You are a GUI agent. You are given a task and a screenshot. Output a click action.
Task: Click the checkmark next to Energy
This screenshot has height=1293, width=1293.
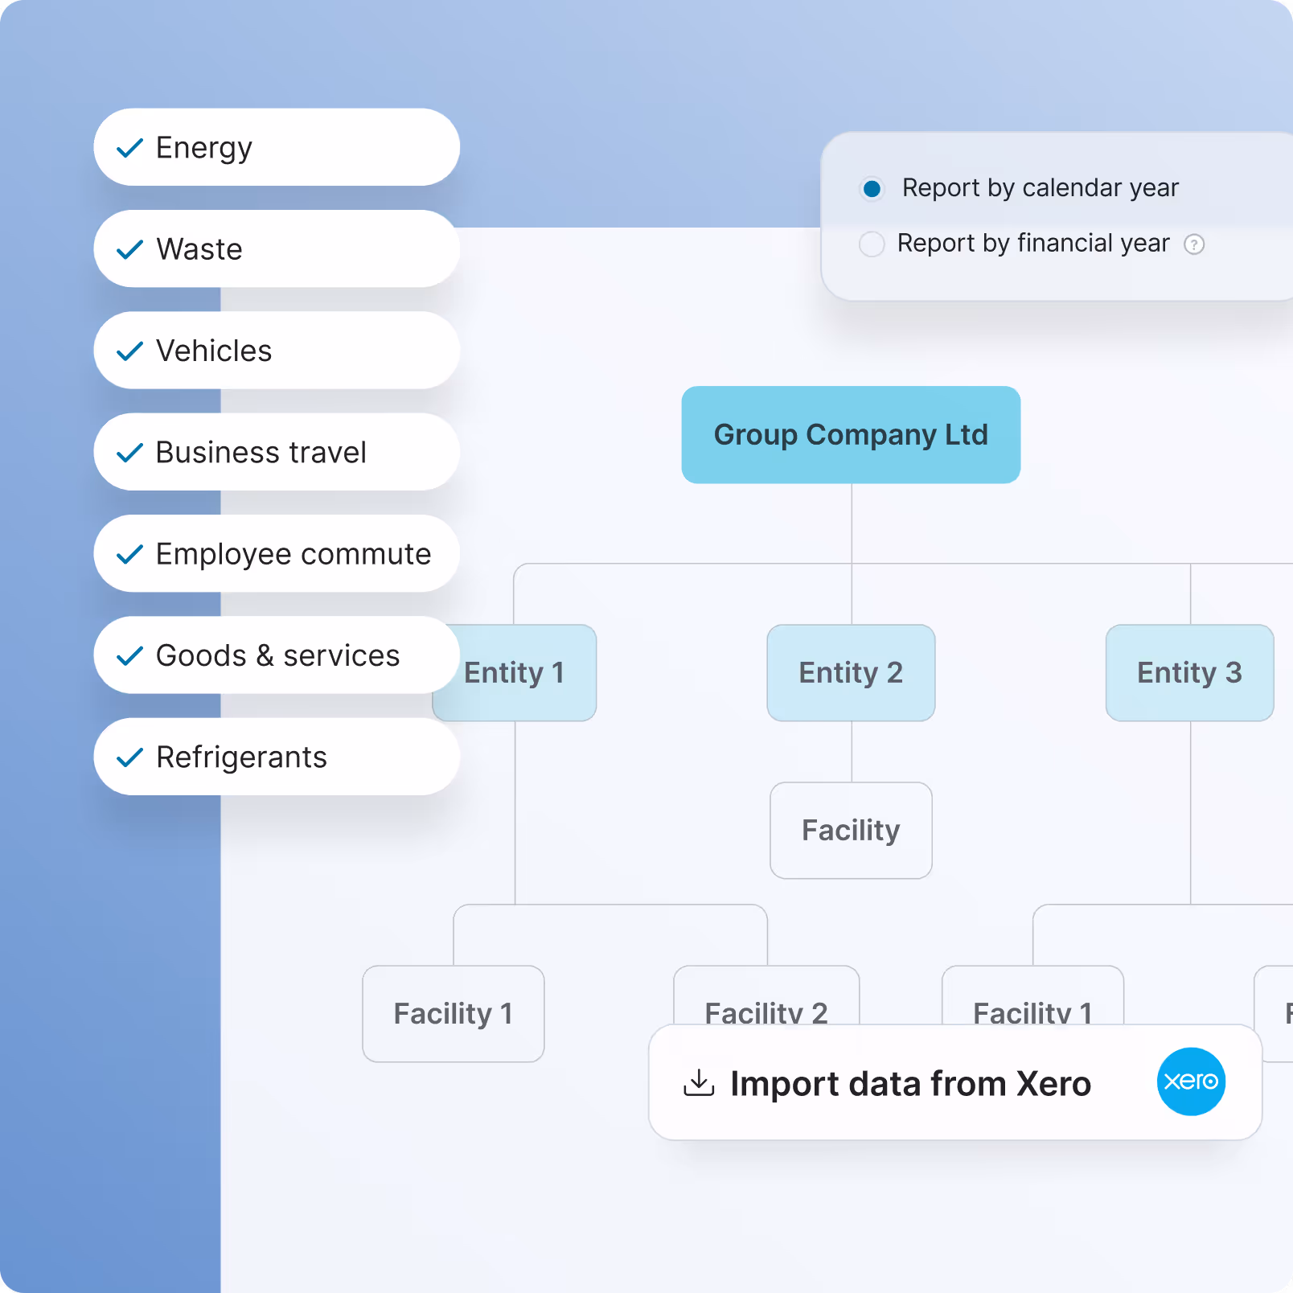(x=129, y=148)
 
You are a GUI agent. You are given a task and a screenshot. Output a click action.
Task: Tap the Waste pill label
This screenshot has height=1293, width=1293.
(x=199, y=249)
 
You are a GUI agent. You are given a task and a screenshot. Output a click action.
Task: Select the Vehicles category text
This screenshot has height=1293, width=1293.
(x=214, y=351)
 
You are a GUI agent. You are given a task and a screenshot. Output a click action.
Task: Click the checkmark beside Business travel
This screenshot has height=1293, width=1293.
(x=129, y=453)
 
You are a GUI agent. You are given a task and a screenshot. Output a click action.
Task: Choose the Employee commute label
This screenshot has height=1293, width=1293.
(x=293, y=554)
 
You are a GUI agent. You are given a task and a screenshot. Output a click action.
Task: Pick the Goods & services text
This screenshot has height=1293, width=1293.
(x=277, y=655)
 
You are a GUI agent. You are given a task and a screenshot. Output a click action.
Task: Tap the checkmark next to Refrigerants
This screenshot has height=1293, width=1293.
(x=129, y=757)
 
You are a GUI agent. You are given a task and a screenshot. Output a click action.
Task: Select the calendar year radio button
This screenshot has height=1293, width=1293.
(x=872, y=188)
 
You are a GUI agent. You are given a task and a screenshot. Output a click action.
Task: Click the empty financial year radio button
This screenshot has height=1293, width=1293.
(x=872, y=244)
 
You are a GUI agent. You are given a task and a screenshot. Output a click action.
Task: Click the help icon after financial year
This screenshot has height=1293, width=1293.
(x=1194, y=244)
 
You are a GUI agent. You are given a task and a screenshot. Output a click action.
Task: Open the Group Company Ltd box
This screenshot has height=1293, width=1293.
(x=851, y=434)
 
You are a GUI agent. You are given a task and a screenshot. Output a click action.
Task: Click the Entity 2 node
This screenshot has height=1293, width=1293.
(x=851, y=672)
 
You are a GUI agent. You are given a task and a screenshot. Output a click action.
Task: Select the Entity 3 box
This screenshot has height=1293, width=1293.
(x=1189, y=672)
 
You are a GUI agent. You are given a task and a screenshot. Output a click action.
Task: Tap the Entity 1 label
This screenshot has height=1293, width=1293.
(x=515, y=672)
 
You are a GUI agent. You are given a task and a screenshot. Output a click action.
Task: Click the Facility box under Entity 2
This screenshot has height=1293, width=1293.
(x=851, y=830)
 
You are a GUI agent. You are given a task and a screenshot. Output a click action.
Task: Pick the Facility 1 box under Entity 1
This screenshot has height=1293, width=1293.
(x=454, y=1013)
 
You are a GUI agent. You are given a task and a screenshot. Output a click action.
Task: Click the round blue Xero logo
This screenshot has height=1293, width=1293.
(x=1191, y=1082)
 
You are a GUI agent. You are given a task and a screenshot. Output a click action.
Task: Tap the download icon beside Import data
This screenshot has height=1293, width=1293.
(x=699, y=1083)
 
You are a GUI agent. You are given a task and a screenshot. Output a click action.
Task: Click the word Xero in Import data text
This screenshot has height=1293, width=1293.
(x=1053, y=1084)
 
